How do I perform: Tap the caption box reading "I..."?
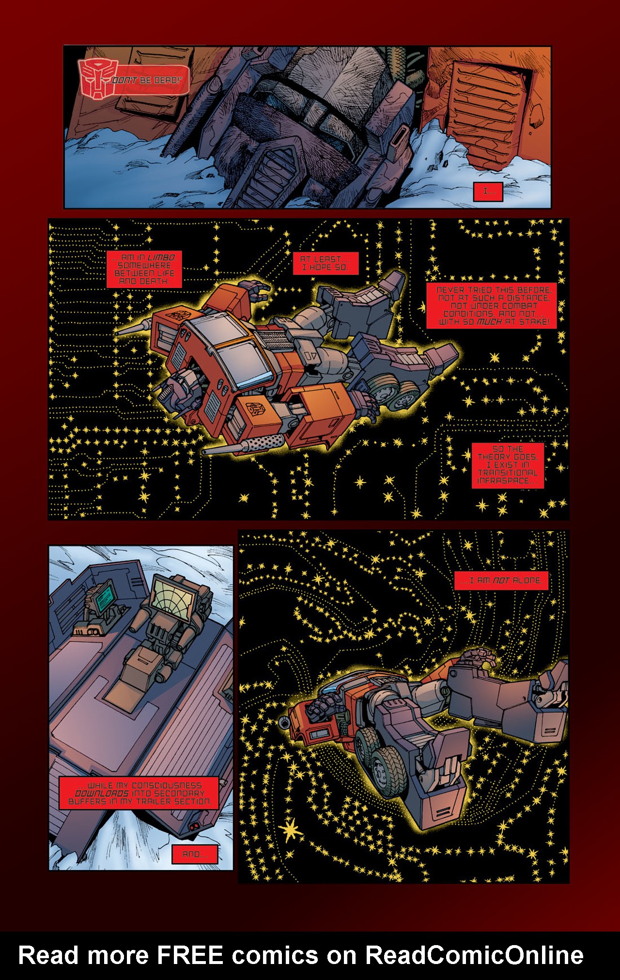[x=488, y=191]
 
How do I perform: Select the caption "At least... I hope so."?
[x=325, y=263]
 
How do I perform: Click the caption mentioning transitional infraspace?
[x=507, y=465]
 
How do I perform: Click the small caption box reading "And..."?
[x=195, y=854]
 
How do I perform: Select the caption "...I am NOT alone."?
[x=501, y=580]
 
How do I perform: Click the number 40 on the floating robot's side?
[x=310, y=356]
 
